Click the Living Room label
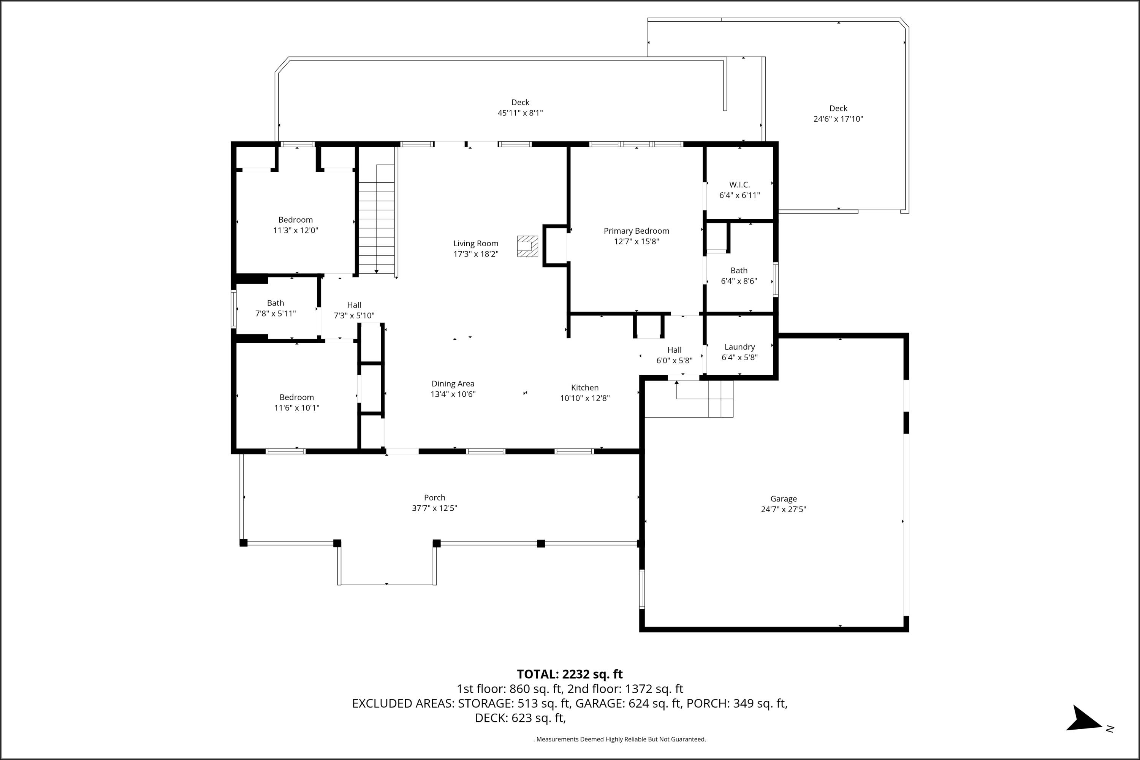point(475,243)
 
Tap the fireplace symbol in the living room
point(527,246)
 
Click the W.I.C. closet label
point(739,185)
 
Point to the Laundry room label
point(739,347)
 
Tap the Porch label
point(434,498)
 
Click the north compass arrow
point(1086,719)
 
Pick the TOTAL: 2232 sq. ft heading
point(570,674)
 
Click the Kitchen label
point(584,388)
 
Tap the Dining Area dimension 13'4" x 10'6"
point(453,394)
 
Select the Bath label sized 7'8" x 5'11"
point(275,303)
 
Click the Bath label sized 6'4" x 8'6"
point(739,271)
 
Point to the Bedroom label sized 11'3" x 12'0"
point(295,220)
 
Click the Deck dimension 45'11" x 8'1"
point(520,113)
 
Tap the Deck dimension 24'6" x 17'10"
point(838,119)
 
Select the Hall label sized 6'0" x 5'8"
point(674,350)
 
